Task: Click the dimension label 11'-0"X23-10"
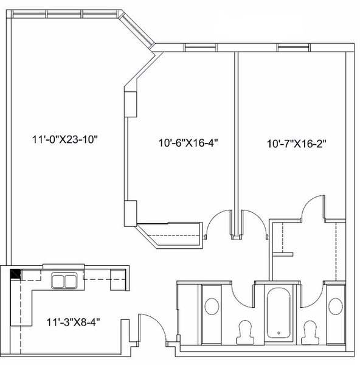pos(64,139)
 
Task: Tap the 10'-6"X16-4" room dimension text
pos(188,142)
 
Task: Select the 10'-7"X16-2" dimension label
pos(296,144)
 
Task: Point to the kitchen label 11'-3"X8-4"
pos(74,322)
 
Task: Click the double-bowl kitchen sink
pos(64,281)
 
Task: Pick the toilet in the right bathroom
pos(310,332)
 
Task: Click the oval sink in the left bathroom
pos(212,307)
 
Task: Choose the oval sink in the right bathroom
pos(335,307)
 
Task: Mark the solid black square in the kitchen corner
pos(15,274)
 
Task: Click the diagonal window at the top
pos(137,30)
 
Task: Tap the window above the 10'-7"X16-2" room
pos(293,47)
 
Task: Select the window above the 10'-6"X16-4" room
pos(200,47)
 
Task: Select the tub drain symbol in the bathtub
pos(279,333)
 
